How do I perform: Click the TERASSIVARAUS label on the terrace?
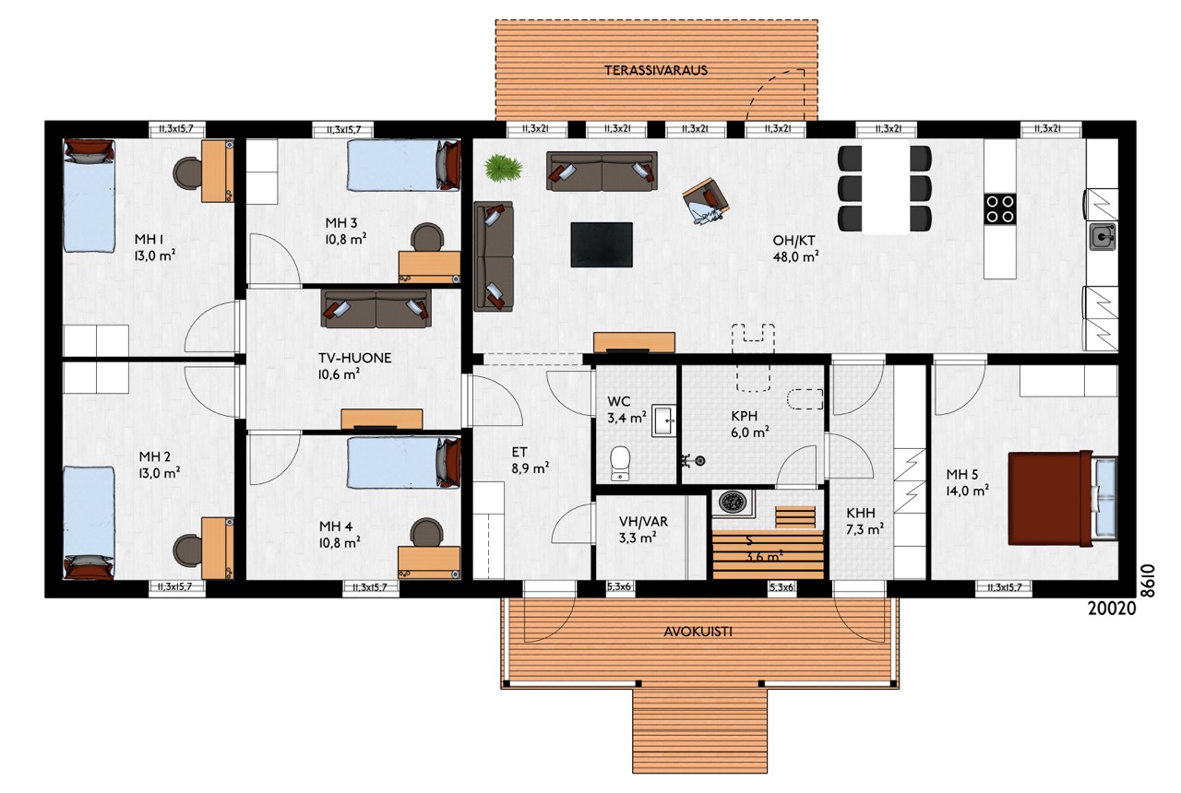[x=655, y=70]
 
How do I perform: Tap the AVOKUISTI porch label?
[x=698, y=632]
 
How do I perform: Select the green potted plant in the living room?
[x=504, y=169]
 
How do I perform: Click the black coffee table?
[x=602, y=244]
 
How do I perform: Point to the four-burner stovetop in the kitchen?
[x=1000, y=208]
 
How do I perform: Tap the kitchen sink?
[x=1103, y=237]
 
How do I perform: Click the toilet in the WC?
[x=620, y=463]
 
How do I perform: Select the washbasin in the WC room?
[x=663, y=420]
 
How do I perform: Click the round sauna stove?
[x=732, y=503]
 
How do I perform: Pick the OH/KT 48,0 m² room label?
[x=795, y=249]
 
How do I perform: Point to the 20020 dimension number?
[x=1112, y=609]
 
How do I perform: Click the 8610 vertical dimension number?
[x=1147, y=581]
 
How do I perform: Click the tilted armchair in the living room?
[x=707, y=202]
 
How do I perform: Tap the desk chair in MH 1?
[x=186, y=172]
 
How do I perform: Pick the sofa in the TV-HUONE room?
[x=376, y=308]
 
